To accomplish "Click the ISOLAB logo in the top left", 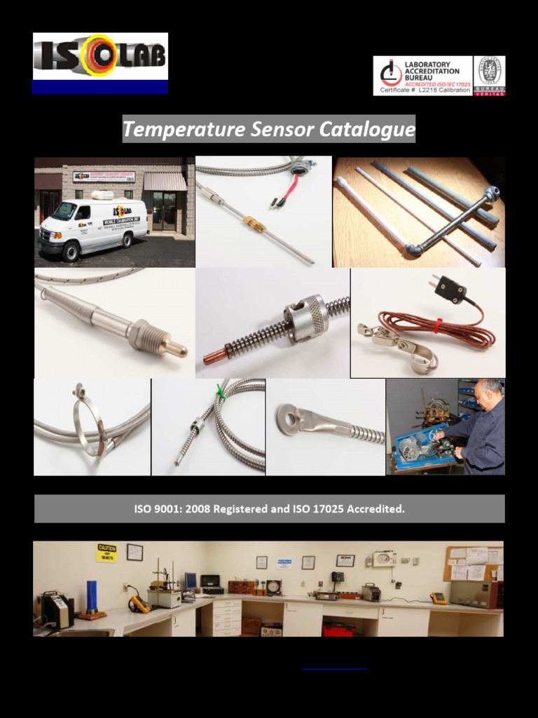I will pos(99,57).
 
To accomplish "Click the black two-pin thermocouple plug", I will pos(450,288).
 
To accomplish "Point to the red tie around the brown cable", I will pos(436,325).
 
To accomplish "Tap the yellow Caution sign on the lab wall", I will pos(106,553).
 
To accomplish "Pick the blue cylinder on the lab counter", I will pos(90,597).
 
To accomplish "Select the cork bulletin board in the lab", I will pos(473,562).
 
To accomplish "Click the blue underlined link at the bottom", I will pos(333,668).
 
